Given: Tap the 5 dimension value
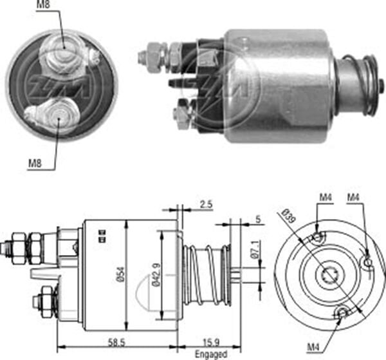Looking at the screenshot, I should click(257, 219).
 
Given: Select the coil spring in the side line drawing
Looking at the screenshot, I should click(206, 274).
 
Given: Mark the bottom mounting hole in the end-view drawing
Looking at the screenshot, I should click(342, 312).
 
